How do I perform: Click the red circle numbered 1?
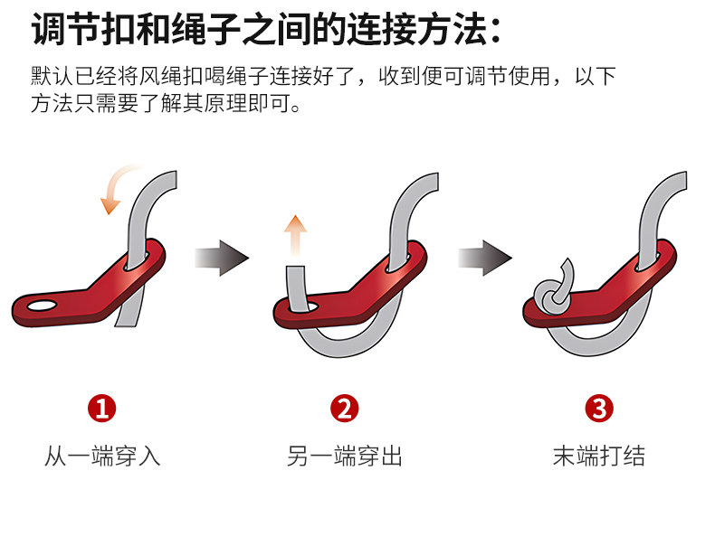pos(101,408)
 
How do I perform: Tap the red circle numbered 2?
pos(345,408)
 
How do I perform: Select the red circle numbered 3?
pos(599,408)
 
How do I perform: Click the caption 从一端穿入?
pos(102,456)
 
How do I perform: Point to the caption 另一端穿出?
pos(345,456)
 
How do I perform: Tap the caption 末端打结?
pos(599,456)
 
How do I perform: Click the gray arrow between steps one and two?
pos(222,258)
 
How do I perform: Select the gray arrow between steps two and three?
pos(485,258)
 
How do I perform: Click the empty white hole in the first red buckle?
pos(42,306)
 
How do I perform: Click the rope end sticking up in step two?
pos(296,289)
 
